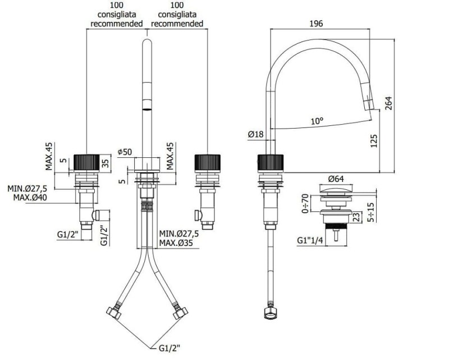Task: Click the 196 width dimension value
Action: (x=316, y=24)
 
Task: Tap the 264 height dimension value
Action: (x=388, y=103)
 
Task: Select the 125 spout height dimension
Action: (x=374, y=141)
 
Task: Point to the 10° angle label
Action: (x=317, y=121)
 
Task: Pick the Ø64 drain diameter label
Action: (x=336, y=179)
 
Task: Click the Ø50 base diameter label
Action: (x=125, y=152)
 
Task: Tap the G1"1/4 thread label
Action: (x=310, y=240)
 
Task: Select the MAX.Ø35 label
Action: (x=176, y=243)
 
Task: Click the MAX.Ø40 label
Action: (x=30, y=198)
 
